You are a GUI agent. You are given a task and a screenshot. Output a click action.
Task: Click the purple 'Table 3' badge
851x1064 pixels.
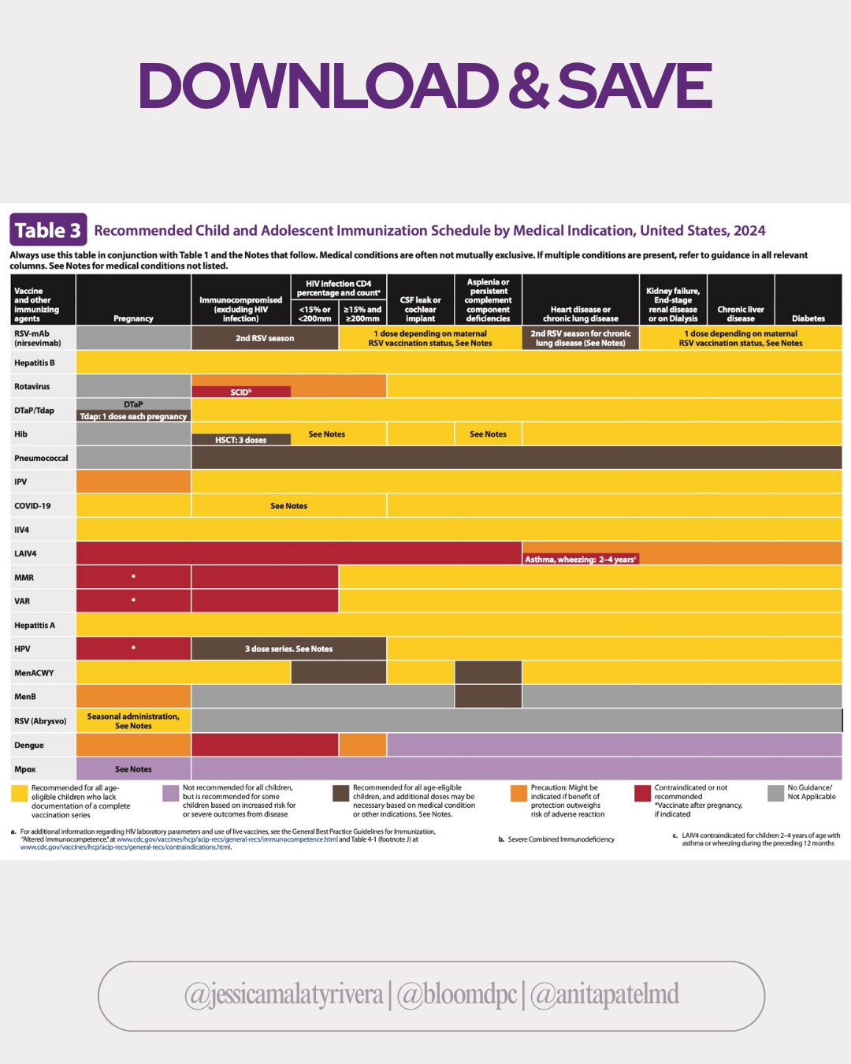click(x=48, y=230)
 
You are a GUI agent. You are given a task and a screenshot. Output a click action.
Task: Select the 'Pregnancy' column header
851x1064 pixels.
click(x=133, y=318)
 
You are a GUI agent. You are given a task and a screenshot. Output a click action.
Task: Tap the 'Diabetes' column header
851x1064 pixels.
click(x=808, y=318)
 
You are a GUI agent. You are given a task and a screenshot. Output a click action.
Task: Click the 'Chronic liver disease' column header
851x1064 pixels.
click(x=741, y=314)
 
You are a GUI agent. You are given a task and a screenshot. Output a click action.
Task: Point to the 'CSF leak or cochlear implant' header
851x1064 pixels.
click(x=420, y=309)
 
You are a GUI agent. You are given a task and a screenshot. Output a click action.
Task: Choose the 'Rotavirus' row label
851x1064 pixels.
click(x=32, y=386)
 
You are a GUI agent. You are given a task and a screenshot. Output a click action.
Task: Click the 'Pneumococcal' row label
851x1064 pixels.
click(x=41, y=458)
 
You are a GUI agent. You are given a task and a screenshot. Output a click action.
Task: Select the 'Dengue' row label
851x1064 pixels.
click(x=29, y=745)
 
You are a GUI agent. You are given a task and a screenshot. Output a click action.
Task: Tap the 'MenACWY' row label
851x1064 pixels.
click(x=34, y=673)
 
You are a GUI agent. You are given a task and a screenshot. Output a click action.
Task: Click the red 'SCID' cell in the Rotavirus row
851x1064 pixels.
click(x=240, y=392)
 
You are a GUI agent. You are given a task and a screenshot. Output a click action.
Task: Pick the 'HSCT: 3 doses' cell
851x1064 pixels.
click(x=240, y=440)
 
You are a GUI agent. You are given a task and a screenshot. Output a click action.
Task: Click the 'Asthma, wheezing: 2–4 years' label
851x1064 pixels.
click(x=581, y=559)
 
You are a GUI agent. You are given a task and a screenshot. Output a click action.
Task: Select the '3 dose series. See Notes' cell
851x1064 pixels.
click(x=288, y=649)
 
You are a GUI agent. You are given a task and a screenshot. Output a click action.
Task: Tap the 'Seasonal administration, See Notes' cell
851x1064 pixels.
click(x=133, y=721)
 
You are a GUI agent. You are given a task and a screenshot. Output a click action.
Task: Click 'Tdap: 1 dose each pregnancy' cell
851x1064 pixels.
click(x=133, y=416)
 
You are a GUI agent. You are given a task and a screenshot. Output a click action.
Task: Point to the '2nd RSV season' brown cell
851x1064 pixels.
click(x=265, y=338)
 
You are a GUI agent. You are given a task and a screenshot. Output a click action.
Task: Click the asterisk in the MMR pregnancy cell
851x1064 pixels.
click(x=133, y=577)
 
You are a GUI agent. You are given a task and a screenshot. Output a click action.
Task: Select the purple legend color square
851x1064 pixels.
click(x=170, y=793)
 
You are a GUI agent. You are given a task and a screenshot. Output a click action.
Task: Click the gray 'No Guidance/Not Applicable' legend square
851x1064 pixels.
click(x=775, y=793)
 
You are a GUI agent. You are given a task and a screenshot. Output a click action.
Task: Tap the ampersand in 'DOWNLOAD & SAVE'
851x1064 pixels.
click(x=528, y=86)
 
